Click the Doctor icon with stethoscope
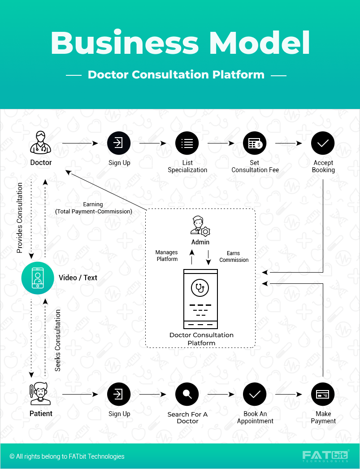click(41, 142)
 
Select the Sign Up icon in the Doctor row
click(119, 143)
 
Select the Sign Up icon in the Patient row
click(119, 395)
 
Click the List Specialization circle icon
click(187, 143)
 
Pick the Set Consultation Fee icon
click(255, 143)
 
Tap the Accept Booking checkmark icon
click(323, 143)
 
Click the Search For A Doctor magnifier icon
click(187, 395)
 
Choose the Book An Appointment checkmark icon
click(255, 395)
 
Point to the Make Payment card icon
click(323, 395)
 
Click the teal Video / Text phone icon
click(38, 278)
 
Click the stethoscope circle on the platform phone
click(200, 288)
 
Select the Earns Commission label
click(234, 256)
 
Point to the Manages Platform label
click(167, 256)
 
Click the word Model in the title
click(259, 43)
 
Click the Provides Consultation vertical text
click(20, 217)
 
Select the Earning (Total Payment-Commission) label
click(93, 208)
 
